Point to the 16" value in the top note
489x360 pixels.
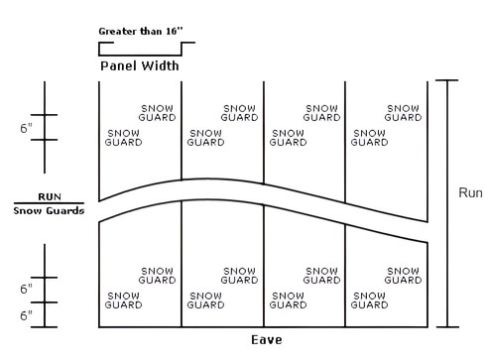pos(171,31)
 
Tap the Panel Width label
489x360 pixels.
pos(140,66)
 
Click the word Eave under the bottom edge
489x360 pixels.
pos(265,340)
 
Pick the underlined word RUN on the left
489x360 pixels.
pos(49,196)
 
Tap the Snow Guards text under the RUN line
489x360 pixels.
pos(49,210)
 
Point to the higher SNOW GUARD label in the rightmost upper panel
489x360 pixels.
pos(404,113)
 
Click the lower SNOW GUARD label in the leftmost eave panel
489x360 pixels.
pos(123,300)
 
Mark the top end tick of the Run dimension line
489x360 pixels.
pos(448,80)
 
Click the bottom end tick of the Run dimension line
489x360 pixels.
pos(448,326)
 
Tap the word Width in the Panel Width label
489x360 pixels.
pos(160,66)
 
